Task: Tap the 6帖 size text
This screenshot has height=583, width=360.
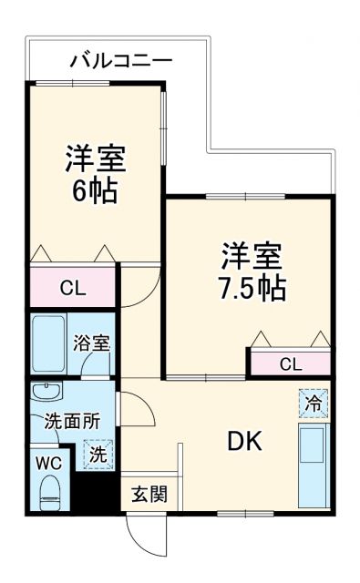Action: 96,191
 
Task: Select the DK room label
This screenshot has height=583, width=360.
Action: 244,442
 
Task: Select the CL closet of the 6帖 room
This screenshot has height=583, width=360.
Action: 74,290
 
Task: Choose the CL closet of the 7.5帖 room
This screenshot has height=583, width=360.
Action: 290,364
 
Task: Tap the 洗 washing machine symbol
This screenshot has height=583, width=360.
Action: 97,453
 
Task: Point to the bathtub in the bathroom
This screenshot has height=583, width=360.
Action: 48,345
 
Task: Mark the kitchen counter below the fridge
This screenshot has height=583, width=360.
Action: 313,465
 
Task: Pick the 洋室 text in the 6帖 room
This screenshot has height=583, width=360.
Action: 96,158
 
